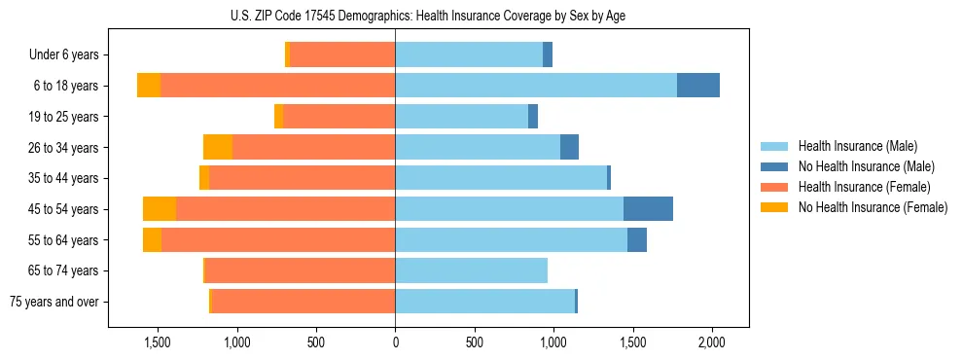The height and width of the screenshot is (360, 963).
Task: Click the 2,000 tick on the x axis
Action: point(712,342)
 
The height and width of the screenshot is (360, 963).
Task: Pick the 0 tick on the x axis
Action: point(395,342)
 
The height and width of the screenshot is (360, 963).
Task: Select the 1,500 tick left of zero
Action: point(158,342)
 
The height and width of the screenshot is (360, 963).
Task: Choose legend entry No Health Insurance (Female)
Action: point(873,207)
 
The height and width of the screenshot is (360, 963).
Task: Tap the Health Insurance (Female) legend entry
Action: point(864,187)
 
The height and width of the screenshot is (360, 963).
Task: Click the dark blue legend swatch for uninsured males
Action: point(774,166)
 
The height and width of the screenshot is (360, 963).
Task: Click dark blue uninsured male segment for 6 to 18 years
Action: point(698,86)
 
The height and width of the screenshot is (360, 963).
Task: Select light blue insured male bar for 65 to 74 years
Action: point(471,270)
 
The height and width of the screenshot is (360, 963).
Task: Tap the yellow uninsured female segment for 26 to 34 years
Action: point(218,147)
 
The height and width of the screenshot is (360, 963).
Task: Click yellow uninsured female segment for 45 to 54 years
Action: point(160,209)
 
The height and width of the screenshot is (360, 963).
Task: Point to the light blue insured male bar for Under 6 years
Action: point(469,54)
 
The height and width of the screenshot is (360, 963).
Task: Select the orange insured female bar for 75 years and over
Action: point(303,302)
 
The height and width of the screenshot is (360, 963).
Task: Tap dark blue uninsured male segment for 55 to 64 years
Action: point(637,239)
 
